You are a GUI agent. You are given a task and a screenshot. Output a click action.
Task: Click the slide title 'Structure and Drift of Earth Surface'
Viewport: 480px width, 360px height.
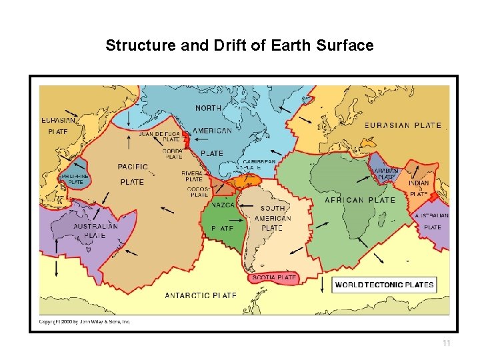click(x=239, y=46)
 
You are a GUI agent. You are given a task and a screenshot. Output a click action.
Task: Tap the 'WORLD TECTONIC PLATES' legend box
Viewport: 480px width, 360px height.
click(x=384, y=285)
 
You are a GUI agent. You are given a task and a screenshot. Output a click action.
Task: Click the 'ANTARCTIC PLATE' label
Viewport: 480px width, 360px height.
click(x=200, y=295)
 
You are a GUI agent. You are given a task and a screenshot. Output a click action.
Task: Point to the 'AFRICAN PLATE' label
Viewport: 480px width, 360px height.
click(x=359, y=200)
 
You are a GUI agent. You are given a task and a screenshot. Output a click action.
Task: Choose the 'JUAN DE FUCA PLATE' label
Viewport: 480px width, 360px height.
click(x=159, y=137)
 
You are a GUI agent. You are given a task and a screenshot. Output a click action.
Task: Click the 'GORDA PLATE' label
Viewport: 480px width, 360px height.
click(x=172, y=154)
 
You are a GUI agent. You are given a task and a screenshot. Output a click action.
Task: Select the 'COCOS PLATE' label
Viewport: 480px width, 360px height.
click(x=199, y=192)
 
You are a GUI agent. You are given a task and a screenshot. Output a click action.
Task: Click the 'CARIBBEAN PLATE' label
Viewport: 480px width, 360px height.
click(x=259, y=165)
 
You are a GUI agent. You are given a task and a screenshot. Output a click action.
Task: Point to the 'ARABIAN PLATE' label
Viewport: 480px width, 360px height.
click(x=386, y=174)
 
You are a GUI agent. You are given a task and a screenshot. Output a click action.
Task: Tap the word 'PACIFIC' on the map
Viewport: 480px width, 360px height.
click(x=133, y=167)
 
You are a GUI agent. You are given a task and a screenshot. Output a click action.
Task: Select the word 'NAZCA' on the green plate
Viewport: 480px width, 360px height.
click(x=223, y=205)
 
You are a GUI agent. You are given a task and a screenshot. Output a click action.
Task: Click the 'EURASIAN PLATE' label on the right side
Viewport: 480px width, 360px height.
click(x=402, y=125)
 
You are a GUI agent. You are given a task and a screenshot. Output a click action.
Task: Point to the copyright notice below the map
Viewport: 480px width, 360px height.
click(x=85, y=321)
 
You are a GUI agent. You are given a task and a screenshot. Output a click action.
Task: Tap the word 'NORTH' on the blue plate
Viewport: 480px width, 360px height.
click(x=209, y=108)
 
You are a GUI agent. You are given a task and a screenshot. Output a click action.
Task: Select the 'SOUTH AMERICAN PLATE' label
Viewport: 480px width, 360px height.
click(x=273, y=218)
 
